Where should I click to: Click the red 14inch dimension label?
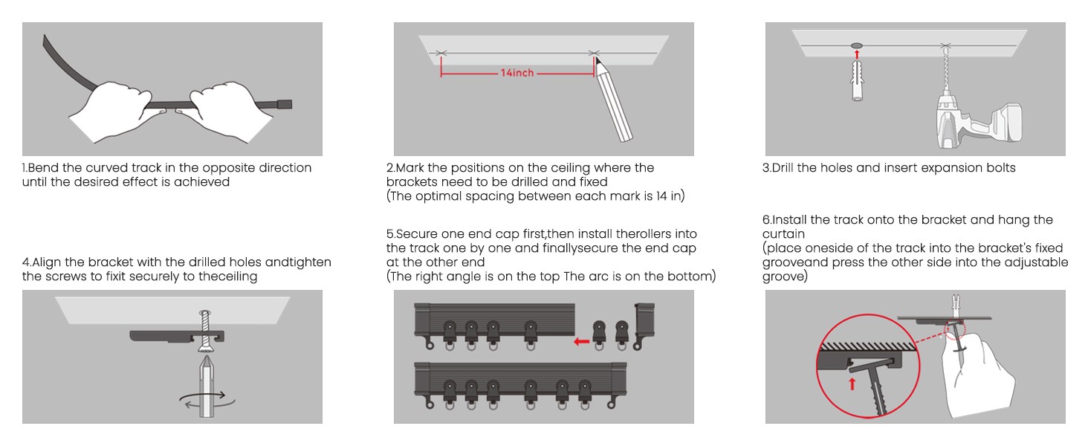click(x=517, y=73)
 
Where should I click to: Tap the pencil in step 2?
click(x=613, y=100)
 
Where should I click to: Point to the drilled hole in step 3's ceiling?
click(x=857, y=45)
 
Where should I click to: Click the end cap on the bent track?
click(x=285, y=104)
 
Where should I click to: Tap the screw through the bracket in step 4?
click(x=205, y=330)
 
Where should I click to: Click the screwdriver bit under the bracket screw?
click(x=207, y=387)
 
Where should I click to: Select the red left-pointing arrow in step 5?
click(x=581, y=341)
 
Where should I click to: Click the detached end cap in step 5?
click(x=644, y=325)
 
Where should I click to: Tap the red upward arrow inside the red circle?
click(x=852, y=384)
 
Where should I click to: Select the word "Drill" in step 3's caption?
click(x=783, y=167)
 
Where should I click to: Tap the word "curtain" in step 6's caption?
click(x=783, y=233)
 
